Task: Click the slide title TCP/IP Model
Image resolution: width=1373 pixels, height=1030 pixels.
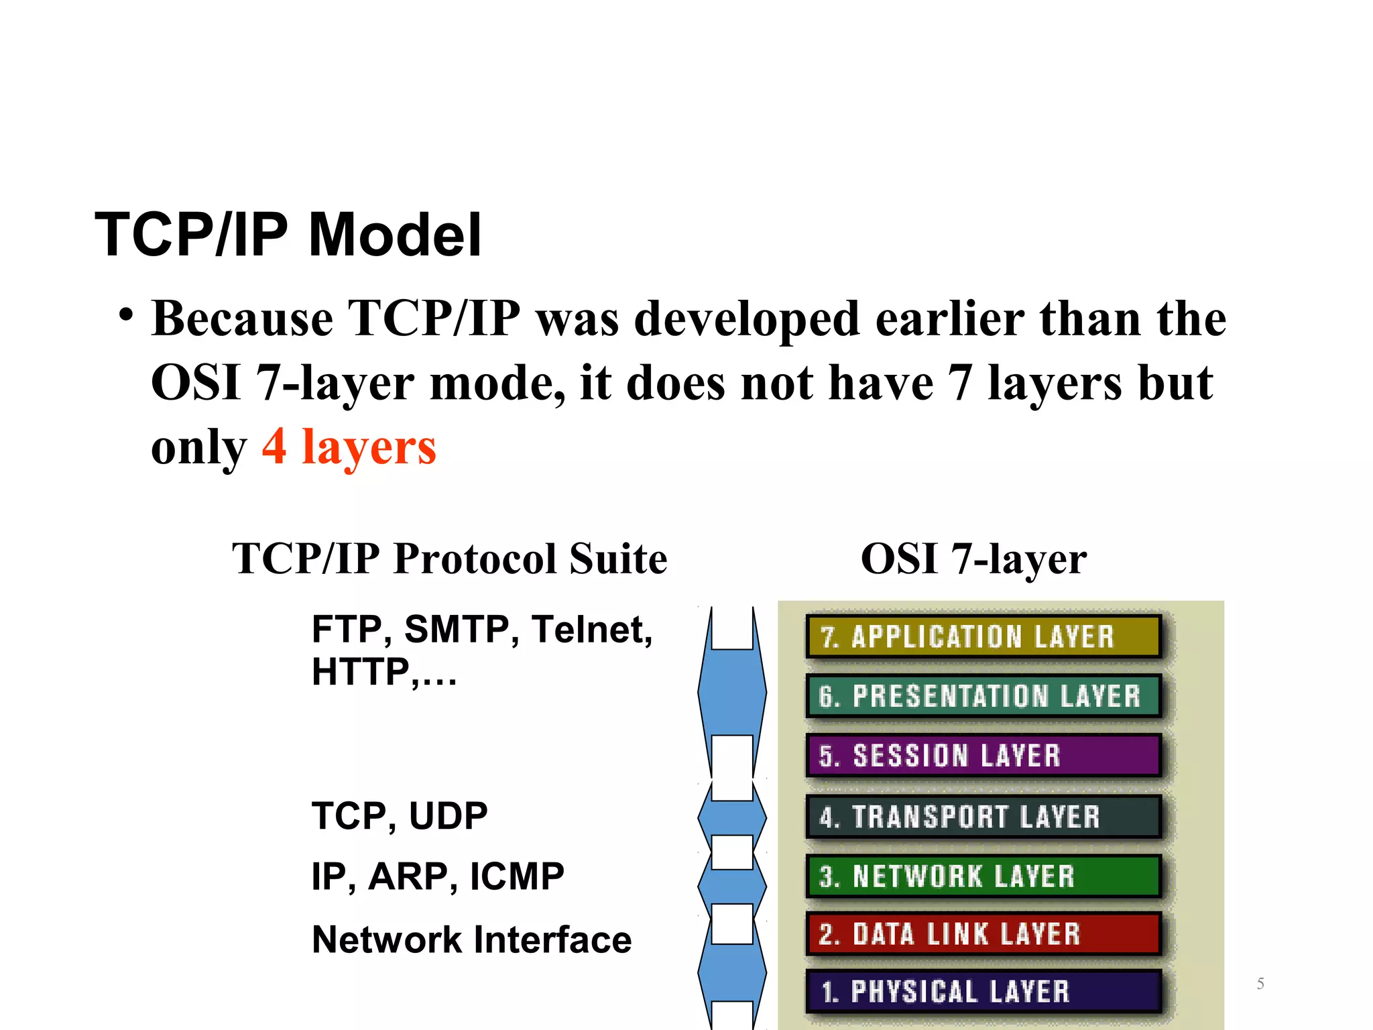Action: (x=288, y=235)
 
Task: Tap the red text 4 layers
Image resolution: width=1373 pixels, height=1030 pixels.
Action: (x=349, y=447)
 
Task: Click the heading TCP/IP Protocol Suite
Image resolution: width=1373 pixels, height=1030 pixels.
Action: (x=449, y=559)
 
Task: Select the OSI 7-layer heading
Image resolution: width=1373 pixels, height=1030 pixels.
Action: (x=973, y=559)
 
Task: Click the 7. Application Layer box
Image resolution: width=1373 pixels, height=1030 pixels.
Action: (x=983, y=636)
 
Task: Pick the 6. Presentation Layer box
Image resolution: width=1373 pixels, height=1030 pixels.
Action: (x=983, y=696)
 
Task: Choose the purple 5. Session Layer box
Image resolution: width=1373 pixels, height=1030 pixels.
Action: (x=983, y=756)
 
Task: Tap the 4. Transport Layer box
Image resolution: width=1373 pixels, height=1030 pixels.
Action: (x=983, y=817)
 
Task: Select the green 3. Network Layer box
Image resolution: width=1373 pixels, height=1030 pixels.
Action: (x=983, y=876)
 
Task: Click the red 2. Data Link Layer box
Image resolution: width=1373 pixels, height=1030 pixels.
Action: (x=983, y=934)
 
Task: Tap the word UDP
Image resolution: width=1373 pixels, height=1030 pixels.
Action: (x=448, y=816)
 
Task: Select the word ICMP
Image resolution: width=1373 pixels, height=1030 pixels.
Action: (x=517, y=876)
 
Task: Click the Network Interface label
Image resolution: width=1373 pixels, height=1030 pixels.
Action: (x=471, y=939)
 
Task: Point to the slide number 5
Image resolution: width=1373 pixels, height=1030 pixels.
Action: (x=1260, y=984)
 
